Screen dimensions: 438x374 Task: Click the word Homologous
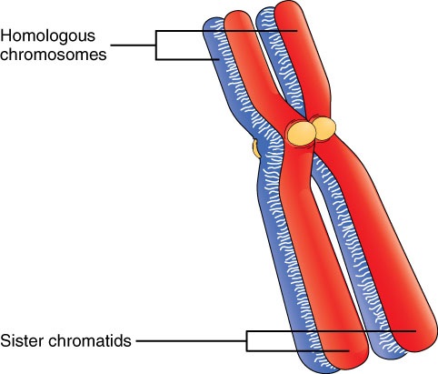coord(48,37)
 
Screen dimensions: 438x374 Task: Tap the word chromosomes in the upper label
coord(54,55)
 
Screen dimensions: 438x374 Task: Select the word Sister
coord(22,340)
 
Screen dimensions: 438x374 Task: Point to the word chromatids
coord(90,340)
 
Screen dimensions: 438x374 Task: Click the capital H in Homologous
coord(6,35)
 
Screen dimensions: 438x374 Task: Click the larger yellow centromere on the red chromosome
coord(302,133)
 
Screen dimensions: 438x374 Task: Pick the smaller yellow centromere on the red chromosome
coord(324,129)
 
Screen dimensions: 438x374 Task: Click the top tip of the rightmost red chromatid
coord(290,2)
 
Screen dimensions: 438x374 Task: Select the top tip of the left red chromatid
coord(237,11)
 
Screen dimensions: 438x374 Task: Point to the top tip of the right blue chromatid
coord(264,8)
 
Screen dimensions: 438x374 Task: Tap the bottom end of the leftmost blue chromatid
coord(318,370)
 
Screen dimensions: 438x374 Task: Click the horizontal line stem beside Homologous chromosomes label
coord(134,45)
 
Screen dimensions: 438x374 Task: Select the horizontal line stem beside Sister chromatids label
coord(192,341)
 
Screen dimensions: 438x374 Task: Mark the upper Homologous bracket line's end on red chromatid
coord(297,31)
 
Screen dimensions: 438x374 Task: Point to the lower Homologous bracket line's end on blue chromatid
coord(219,59)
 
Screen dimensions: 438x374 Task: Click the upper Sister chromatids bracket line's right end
coord(415,331)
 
